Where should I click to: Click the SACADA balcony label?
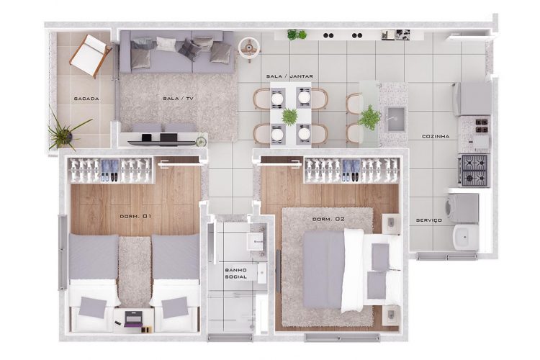[86, 99]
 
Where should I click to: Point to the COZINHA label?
[436, 135]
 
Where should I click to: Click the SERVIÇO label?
[428, 220]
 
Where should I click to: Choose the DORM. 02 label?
[327, 218]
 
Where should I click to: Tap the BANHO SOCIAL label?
[236, 274]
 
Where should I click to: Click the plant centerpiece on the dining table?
[290, 116]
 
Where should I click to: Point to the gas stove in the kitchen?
[474, 170]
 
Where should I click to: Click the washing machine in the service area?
[462, 207]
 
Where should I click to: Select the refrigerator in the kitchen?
[472, 99]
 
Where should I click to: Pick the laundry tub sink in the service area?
[464, 235]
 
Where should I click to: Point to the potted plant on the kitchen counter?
[370, 117]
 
